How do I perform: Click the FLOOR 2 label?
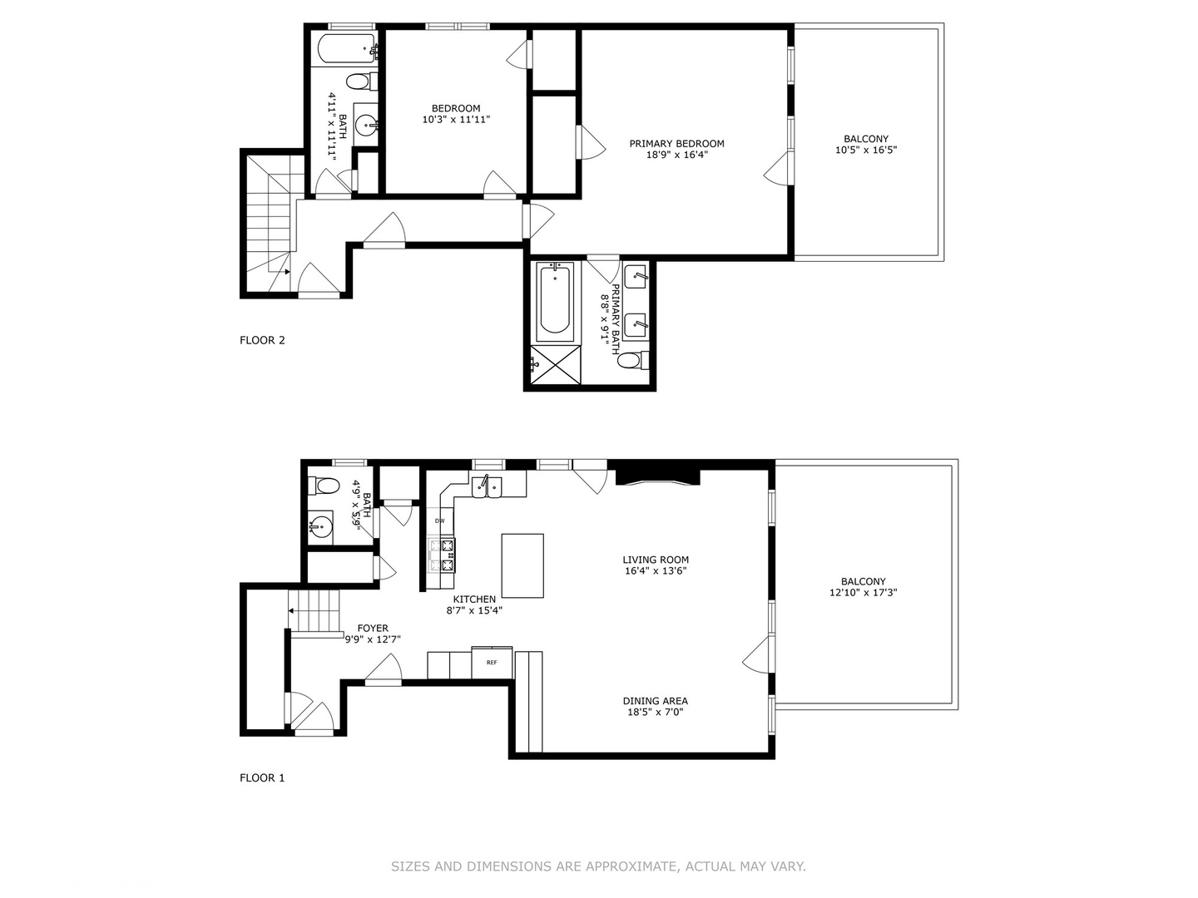coord(262,340)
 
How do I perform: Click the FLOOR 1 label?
coord(262,778)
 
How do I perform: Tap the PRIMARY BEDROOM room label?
coord(676,144)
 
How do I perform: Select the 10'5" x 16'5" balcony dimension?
coord(865,150)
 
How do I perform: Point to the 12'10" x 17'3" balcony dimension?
coord(863,593)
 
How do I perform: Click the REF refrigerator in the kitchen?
coord(492,662)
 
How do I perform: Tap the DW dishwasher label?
coord(439,521)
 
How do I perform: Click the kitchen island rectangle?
coord(522,565)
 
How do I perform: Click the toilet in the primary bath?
coord(631,360)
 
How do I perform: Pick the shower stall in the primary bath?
coord(555,364)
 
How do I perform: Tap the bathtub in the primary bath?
coord(555,302)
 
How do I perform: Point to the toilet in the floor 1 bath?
coord(324,486)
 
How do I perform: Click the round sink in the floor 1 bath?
coord(321,526)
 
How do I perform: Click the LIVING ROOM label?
coord(656,560)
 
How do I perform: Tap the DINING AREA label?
coord(656,701)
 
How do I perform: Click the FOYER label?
coord(373,629)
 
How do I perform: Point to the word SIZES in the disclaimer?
coord(409,866)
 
